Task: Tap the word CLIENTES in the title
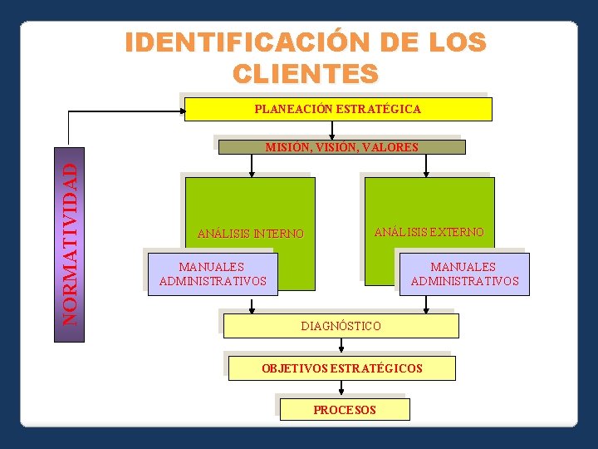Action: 306,73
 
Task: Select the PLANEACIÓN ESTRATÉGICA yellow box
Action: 337,109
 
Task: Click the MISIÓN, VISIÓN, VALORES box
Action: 341,147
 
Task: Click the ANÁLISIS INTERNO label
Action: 250,234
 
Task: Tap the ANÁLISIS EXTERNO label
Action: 429,232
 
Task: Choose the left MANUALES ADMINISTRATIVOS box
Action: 212,274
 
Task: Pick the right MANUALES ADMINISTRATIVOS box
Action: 464,274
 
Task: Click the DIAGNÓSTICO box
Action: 341,326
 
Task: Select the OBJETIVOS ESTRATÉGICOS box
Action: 341,368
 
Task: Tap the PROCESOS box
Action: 344,409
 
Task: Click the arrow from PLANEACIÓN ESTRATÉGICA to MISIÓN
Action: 332,131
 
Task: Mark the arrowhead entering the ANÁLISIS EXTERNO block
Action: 426,173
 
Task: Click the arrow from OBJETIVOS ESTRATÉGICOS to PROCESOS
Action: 341,390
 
